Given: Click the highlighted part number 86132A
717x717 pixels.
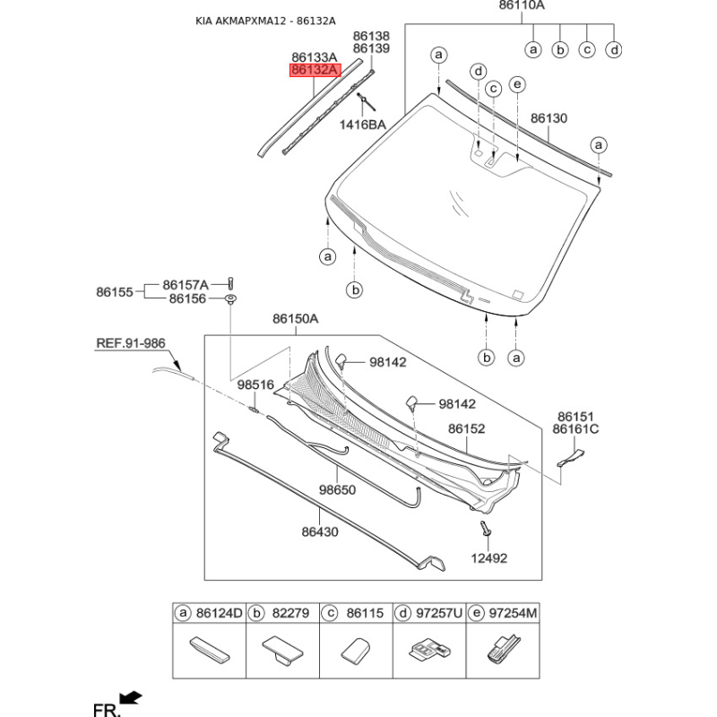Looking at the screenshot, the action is (315, 70).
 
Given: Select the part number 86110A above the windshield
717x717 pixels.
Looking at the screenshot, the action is (522, 5).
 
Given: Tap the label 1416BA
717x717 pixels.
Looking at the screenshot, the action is (363, 125).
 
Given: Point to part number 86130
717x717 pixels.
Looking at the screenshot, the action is (549, 118).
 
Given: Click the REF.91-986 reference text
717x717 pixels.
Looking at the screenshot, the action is (131, 343).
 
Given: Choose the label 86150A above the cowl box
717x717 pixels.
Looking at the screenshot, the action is (296, 319).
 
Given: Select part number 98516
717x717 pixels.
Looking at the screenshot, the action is (255, 385).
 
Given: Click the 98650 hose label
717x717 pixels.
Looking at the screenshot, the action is (338, 489).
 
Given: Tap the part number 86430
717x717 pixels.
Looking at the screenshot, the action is (320, 531).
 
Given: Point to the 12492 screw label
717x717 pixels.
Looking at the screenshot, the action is (489, 558).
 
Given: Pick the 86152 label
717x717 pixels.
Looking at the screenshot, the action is (466, 429).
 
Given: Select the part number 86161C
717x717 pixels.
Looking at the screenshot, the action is (575, 429).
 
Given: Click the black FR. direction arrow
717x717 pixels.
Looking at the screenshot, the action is (130, 698).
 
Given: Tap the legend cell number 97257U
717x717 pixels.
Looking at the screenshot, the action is (439, 613).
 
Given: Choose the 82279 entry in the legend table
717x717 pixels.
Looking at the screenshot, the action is (290, 613).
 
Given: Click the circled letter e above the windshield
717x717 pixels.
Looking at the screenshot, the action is (517, 84).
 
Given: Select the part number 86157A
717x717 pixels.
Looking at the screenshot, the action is (186, 285).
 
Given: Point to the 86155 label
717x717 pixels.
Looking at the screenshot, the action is (115, 292).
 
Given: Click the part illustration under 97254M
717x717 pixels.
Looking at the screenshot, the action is (503, 648).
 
